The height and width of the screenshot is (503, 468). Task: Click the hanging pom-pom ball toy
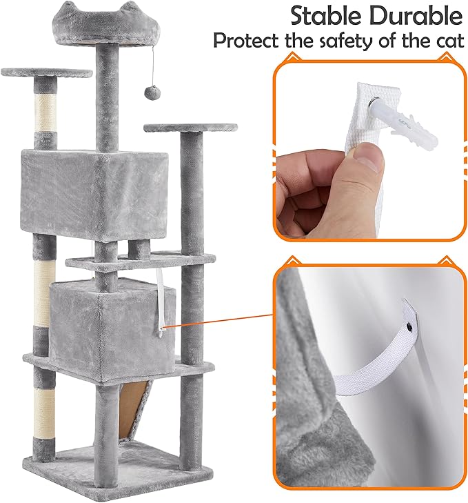point(147,92)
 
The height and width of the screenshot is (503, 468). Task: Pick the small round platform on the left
point(46,72)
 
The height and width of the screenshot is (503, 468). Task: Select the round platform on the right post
point(190,128)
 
